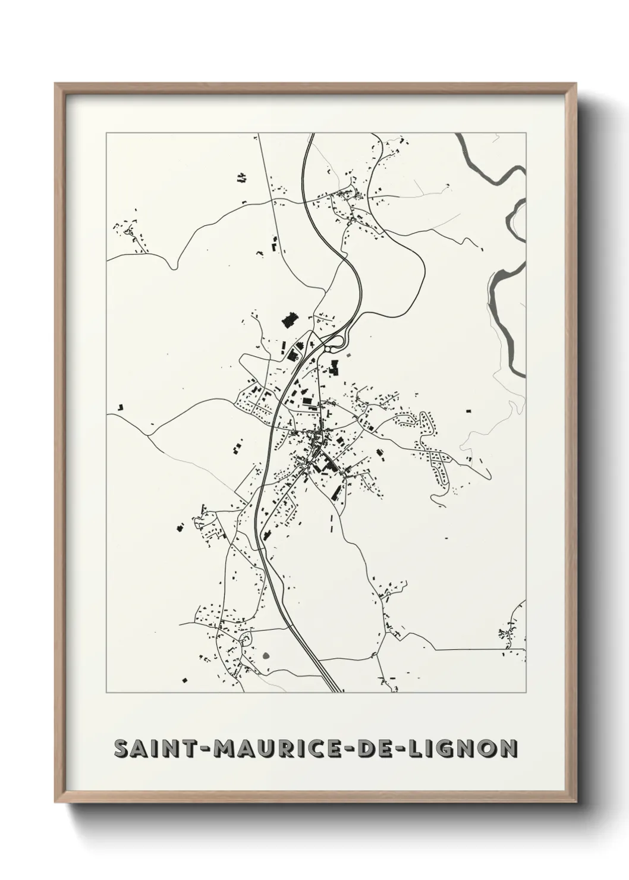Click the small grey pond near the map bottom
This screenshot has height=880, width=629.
[266, 656]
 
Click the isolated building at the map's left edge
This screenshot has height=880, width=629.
[121, 407]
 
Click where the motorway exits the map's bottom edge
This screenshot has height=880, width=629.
[337, 691]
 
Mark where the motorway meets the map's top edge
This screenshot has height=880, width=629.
[311, 135]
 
